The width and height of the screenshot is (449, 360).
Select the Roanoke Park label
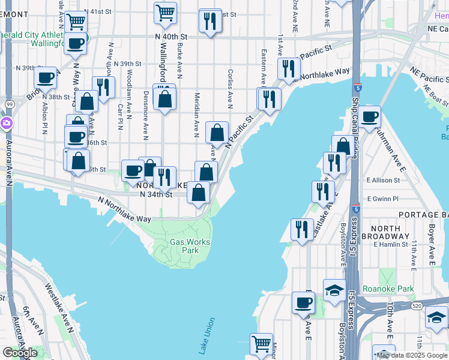pos(389,289)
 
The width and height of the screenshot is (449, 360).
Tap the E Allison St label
pos(384,180)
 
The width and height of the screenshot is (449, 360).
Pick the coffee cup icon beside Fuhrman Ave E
pos(370,116)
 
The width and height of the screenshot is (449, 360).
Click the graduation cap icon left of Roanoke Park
pos(334,290)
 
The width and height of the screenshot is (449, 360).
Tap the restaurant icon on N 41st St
pos(210,21)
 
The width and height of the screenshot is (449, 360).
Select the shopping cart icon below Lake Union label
pos(261,344)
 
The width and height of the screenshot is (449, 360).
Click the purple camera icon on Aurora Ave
pos(7,124)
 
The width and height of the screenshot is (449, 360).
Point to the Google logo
pos(20,353)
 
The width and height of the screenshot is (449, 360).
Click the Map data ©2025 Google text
pos(412,355)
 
